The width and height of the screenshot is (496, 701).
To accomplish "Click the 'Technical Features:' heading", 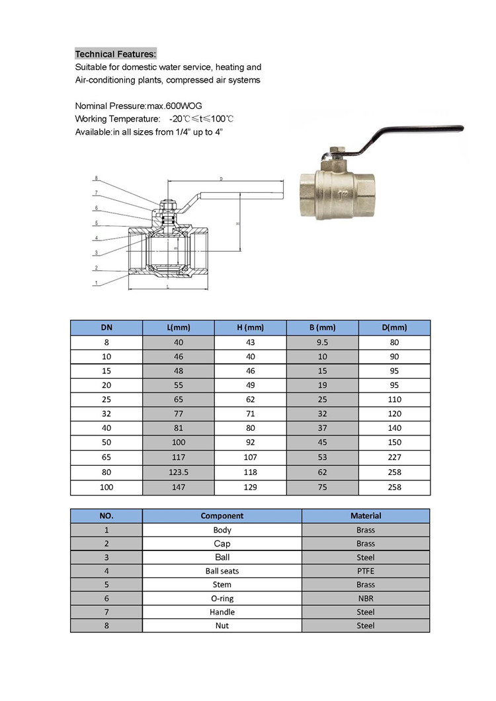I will [x=116, y=54].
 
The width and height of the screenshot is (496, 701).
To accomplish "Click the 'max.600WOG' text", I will [x=173, y=106].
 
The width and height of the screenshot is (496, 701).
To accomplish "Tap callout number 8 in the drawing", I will [x=96, y=178].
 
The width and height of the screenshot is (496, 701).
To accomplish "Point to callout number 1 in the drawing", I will [x=96, y=283].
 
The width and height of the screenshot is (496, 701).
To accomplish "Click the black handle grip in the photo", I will [x=423, y=131].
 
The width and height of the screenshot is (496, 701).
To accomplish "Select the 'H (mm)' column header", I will [x=250, y=328].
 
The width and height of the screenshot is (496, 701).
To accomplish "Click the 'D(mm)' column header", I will [x=394, y=328].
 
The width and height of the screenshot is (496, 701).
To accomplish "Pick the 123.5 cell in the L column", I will [x=178, y=472].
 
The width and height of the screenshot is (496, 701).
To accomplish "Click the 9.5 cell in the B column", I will [x=322, y=342].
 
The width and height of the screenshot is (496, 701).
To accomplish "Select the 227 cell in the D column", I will [x=394, y=458].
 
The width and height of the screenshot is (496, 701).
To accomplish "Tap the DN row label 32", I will [x=106, y=414].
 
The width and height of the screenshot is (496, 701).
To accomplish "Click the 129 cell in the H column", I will [x=250, y=487].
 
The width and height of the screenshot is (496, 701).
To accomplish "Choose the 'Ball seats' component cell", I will [x=222, y=571].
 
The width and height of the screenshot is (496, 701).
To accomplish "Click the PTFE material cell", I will [x=365, y=571].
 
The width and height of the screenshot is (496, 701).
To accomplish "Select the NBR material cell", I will [x=365, y=598].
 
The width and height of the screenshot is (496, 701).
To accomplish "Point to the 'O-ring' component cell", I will [x=222, y=598].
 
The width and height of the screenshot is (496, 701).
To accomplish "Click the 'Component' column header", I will [x=222, y=516].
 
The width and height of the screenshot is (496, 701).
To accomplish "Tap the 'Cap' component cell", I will [x=222, y=544].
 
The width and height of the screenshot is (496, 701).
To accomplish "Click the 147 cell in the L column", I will [x=178, y=487].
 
